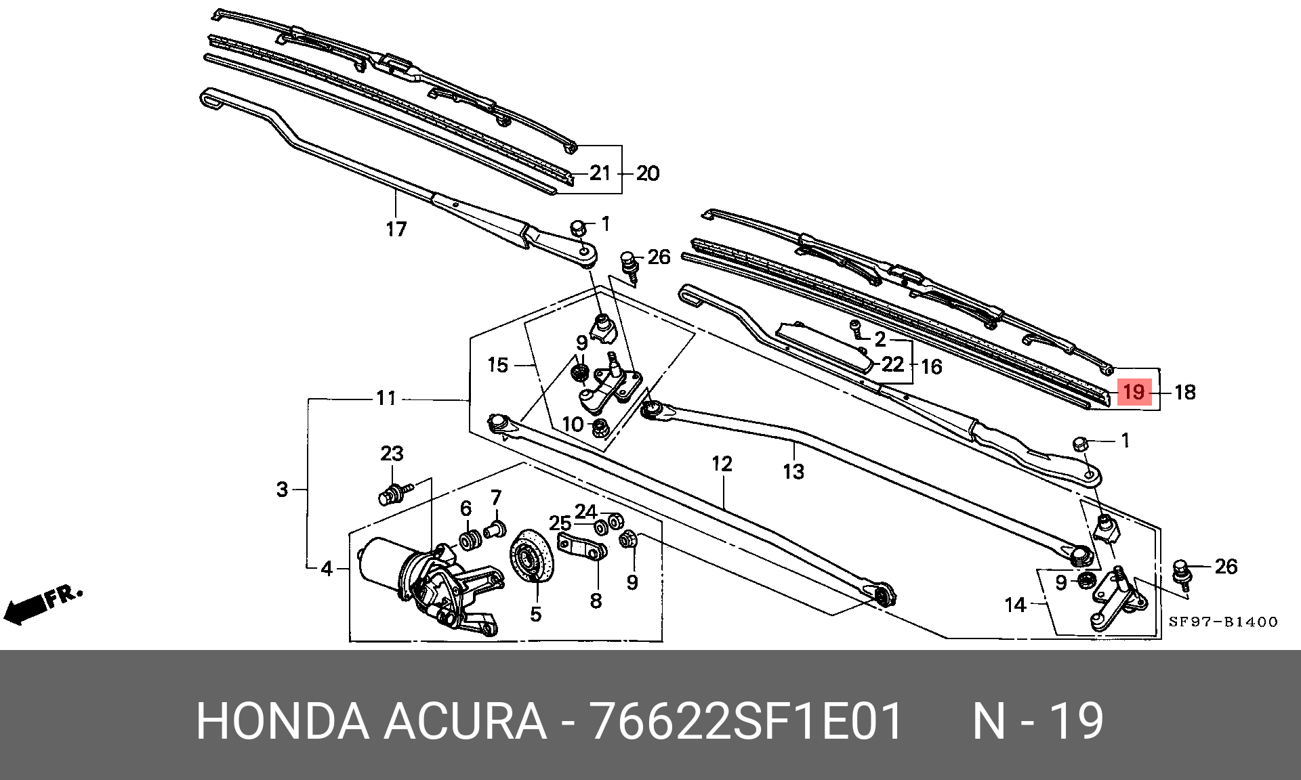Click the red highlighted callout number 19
1134,391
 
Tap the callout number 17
396,230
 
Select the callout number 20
648,173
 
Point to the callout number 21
600,173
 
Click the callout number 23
392,454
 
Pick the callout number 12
722,464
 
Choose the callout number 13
793,471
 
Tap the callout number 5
536,614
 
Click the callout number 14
1015,605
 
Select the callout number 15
497,366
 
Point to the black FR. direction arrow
43,604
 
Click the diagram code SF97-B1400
1223,622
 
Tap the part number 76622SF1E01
747,721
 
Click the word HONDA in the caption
282,721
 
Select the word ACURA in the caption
466,721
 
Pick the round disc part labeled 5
532,555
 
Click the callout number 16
932,367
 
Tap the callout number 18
1185,392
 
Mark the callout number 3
283,489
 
